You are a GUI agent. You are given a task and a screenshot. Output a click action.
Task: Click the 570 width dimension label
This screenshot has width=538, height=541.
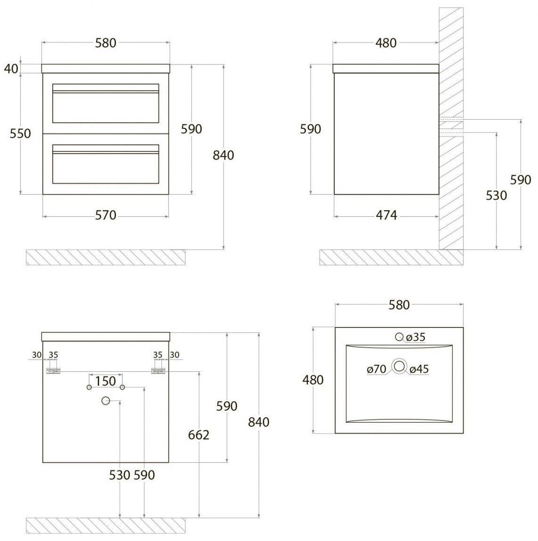106,215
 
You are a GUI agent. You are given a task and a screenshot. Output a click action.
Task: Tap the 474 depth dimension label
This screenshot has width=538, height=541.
386,215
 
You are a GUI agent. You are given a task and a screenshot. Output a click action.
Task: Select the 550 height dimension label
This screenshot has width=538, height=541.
20,133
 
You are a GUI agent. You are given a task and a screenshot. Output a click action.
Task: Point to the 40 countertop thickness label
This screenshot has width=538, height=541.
11,69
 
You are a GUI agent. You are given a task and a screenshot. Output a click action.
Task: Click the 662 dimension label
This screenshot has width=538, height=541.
199,435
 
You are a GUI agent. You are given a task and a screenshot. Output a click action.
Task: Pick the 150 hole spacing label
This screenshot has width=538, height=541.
105,381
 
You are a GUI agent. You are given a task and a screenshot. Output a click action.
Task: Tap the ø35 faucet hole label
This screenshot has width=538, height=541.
416,337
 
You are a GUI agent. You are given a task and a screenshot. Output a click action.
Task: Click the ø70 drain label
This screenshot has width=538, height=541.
377,369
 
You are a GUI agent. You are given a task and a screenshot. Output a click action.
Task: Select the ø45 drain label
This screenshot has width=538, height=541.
419,369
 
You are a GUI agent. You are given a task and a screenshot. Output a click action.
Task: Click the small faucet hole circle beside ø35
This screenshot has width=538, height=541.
399,336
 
